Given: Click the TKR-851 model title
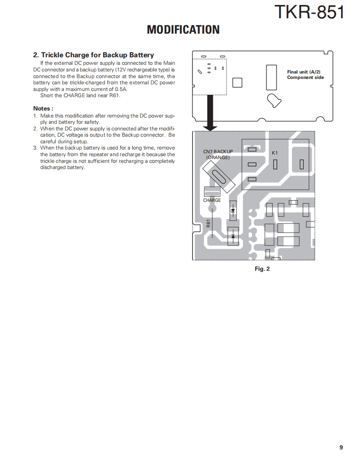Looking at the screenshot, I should tap(309, 12).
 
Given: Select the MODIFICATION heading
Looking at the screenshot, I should tap(183, 30).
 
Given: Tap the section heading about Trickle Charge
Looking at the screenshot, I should tap(94, 55).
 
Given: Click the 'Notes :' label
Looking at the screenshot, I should tap(43, 108).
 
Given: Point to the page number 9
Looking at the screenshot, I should tap(341, 447).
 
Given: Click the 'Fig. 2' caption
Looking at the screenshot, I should tap(262, 269).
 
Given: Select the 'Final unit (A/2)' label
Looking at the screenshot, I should tap(303, 72).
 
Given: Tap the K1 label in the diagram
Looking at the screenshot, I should tap(274, 153).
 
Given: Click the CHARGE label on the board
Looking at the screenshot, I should tap(212, 200).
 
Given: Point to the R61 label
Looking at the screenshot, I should tap(209, 223).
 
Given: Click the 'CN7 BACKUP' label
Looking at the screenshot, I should tap(218, 152).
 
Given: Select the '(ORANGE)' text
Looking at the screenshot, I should tap(218, 157).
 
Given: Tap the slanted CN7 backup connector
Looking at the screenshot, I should tap(219, 176).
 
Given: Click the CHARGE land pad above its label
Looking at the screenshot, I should tap(212, 192).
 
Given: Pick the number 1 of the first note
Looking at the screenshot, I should tap(35, 116).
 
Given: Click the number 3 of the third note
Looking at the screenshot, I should tap(35, 148).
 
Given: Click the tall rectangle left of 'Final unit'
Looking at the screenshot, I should tap(271, 77).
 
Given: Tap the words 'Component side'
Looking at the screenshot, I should tap(305, 78).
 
